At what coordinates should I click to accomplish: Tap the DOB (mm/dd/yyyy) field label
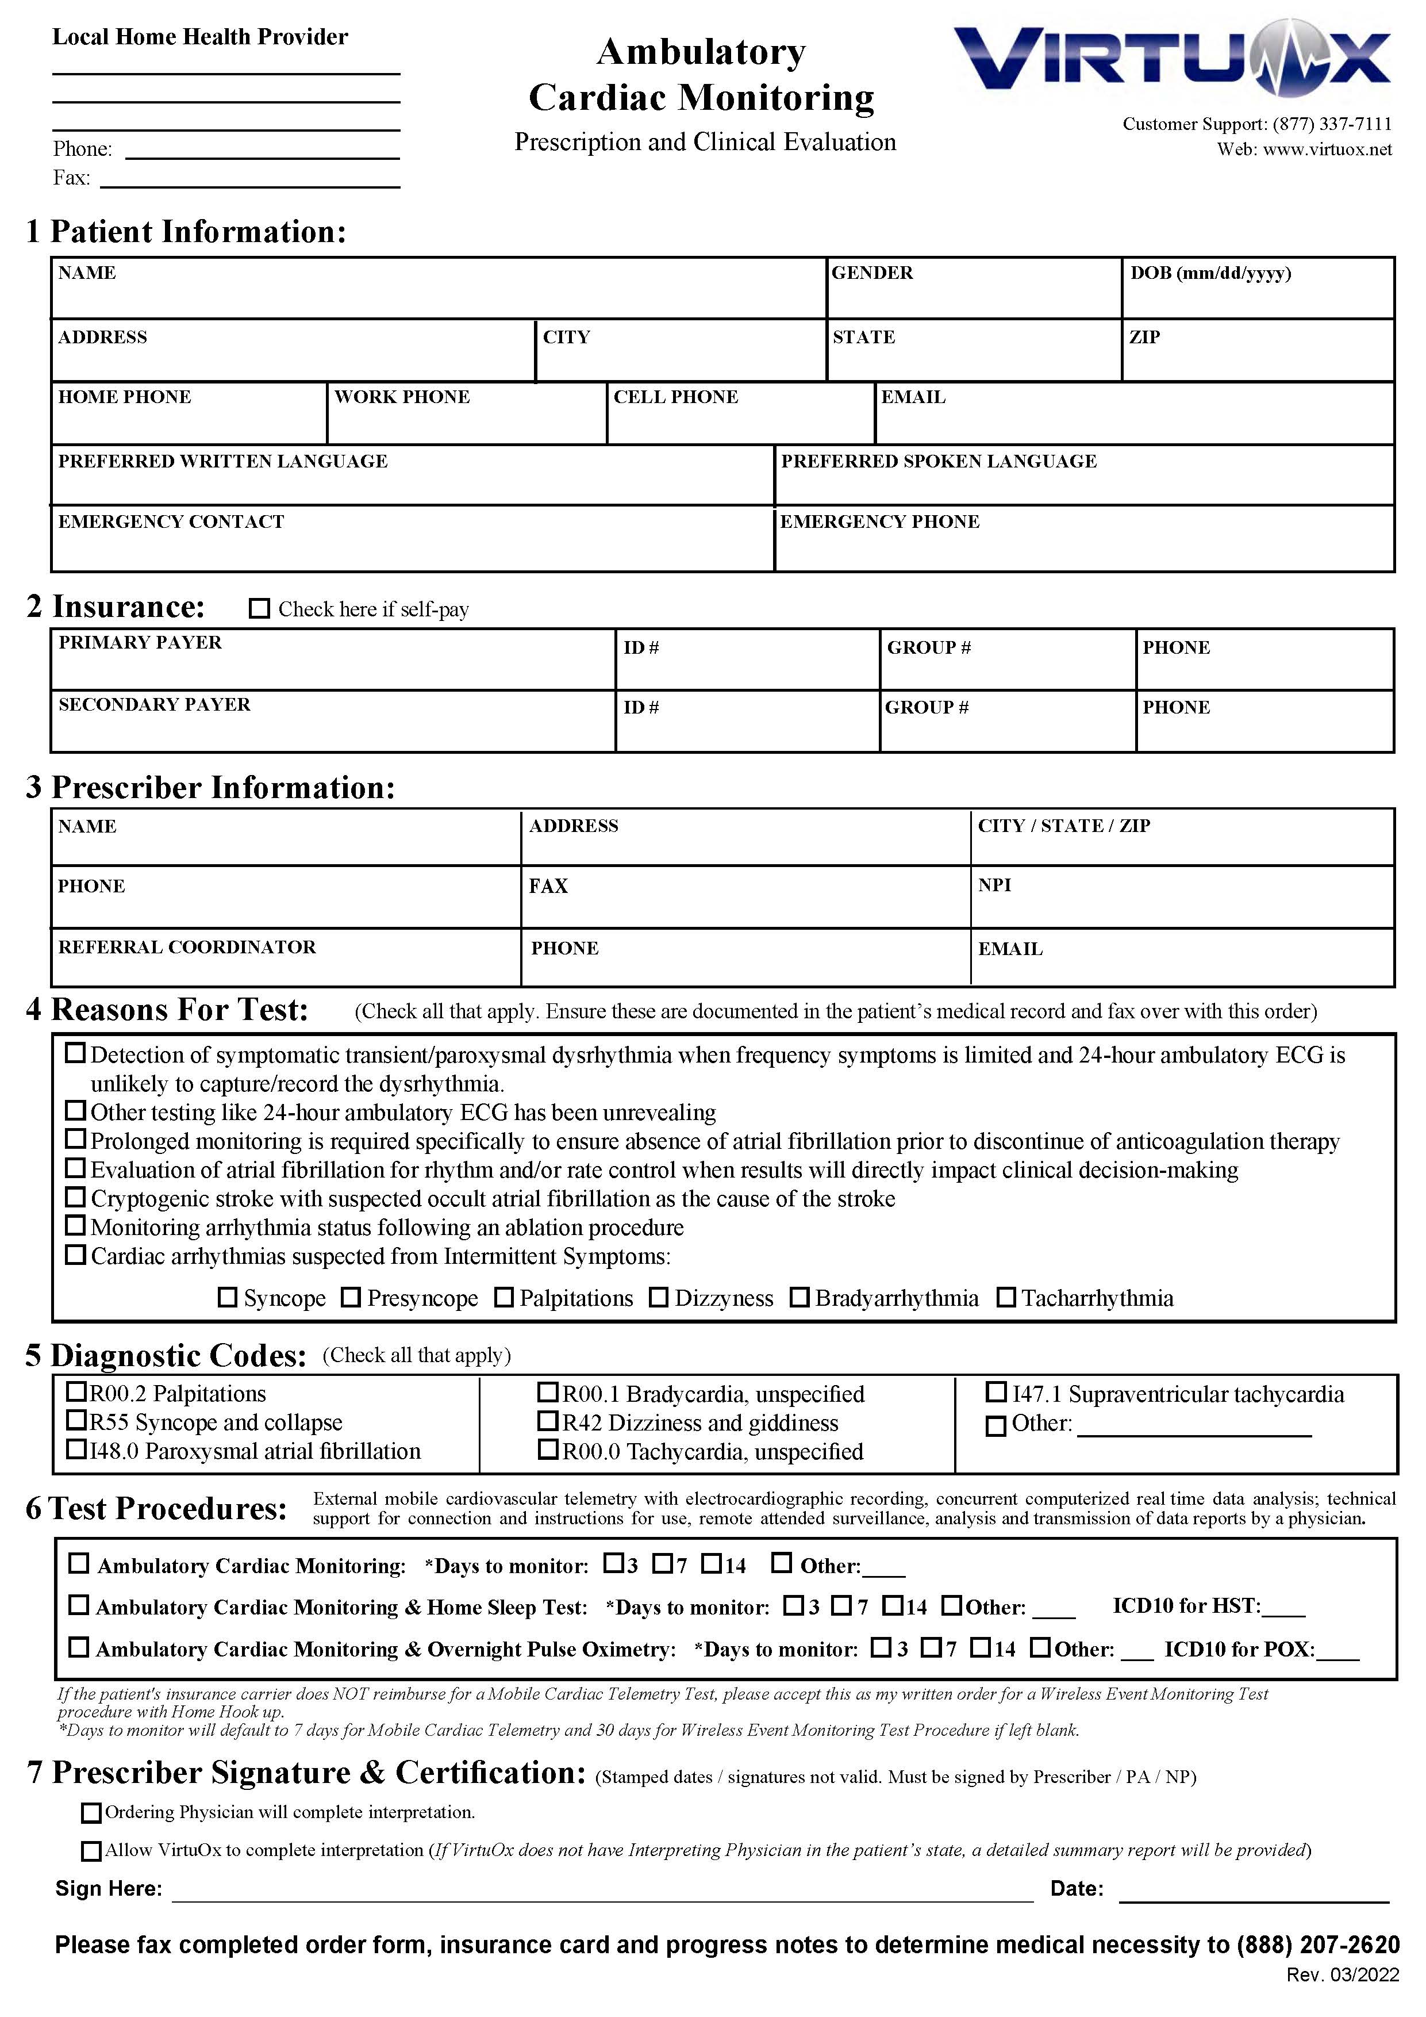pos(1210,273)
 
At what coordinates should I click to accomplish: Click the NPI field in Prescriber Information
pos(1181,898)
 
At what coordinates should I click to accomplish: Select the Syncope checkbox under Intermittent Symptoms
pos(228,1298)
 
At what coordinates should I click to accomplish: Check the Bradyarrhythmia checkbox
pos(799,1298)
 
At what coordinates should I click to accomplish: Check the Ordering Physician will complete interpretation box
pos(91,1812)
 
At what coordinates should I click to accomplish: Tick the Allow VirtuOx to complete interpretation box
pos(91,1851)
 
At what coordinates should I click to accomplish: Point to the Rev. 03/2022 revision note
pos(1343,1992)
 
